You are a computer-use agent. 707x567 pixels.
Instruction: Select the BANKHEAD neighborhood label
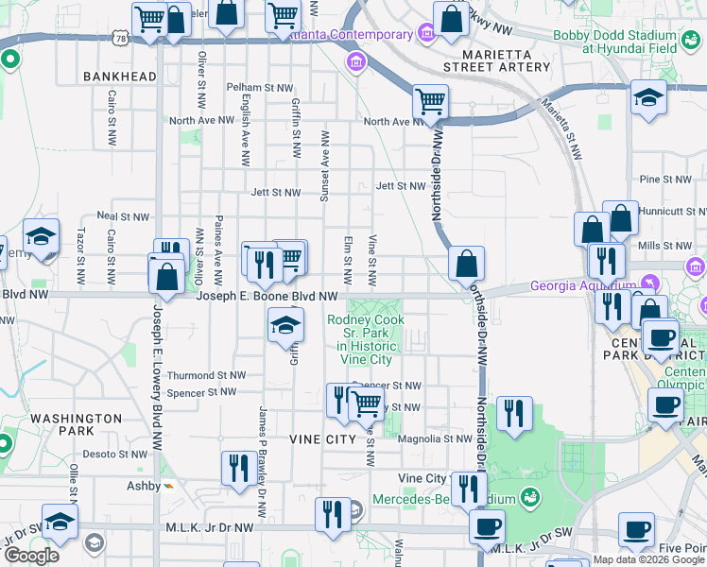[119, 76]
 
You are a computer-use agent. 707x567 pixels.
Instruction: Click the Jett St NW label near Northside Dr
[400, 186]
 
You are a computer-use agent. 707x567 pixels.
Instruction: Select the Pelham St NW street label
[258, 87]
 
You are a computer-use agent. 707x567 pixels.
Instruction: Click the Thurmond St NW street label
[200, 375]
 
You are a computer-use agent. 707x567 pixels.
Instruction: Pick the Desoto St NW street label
[113, 454]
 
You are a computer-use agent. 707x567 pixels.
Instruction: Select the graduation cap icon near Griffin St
[285, 326]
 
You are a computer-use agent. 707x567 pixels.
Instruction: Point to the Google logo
[30, 556]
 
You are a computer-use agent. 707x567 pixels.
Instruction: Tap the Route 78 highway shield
[118, 37]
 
